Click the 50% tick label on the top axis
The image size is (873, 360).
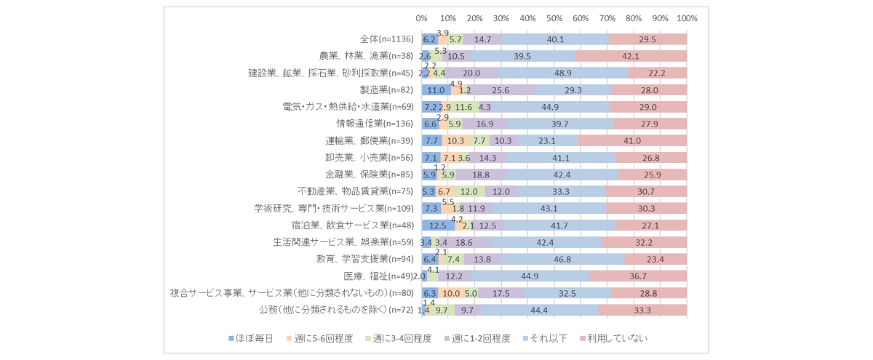[554, 18]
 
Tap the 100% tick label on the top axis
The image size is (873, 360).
[687, 18]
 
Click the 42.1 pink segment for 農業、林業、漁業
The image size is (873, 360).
[631, 56]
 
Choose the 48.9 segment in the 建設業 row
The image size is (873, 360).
[563, 73]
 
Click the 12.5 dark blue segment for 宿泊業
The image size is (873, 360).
[438, 225]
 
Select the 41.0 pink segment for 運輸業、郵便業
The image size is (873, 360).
[632, 141]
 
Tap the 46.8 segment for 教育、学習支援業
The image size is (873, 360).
[562, 260]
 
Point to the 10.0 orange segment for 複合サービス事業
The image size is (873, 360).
[451, 293]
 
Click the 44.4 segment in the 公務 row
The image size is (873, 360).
[539, 311]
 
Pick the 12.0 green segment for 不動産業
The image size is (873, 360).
[469, 192]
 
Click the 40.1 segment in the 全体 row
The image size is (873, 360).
[555, 39]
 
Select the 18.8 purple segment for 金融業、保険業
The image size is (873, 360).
[481, 175]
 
